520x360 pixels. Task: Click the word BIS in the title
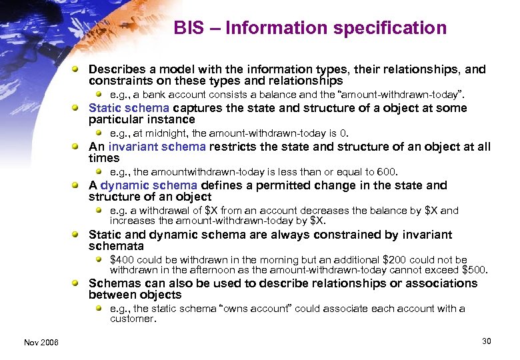coord(189,28)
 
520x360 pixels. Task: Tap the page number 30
coord(486,341)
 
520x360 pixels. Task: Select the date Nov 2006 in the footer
coord(41,342)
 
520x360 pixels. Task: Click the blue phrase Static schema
coord(129,108)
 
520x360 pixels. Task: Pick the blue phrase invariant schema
coord(157,147)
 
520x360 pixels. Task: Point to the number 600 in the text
coord(386,172)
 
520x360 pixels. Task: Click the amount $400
coord(121,259)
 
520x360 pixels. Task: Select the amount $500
coord(475,270)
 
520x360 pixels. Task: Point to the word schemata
coord(116,245)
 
